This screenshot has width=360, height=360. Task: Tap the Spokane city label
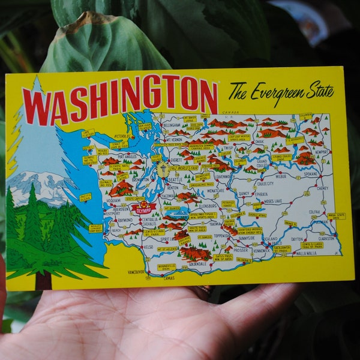311,174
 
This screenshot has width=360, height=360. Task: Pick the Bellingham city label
172,125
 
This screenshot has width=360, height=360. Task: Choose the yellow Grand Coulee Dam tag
281,157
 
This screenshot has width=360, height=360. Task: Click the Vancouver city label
137,272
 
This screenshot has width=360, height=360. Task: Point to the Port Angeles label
127,157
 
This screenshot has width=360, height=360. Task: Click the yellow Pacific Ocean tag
85,197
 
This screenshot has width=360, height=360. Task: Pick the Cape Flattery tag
88,133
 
